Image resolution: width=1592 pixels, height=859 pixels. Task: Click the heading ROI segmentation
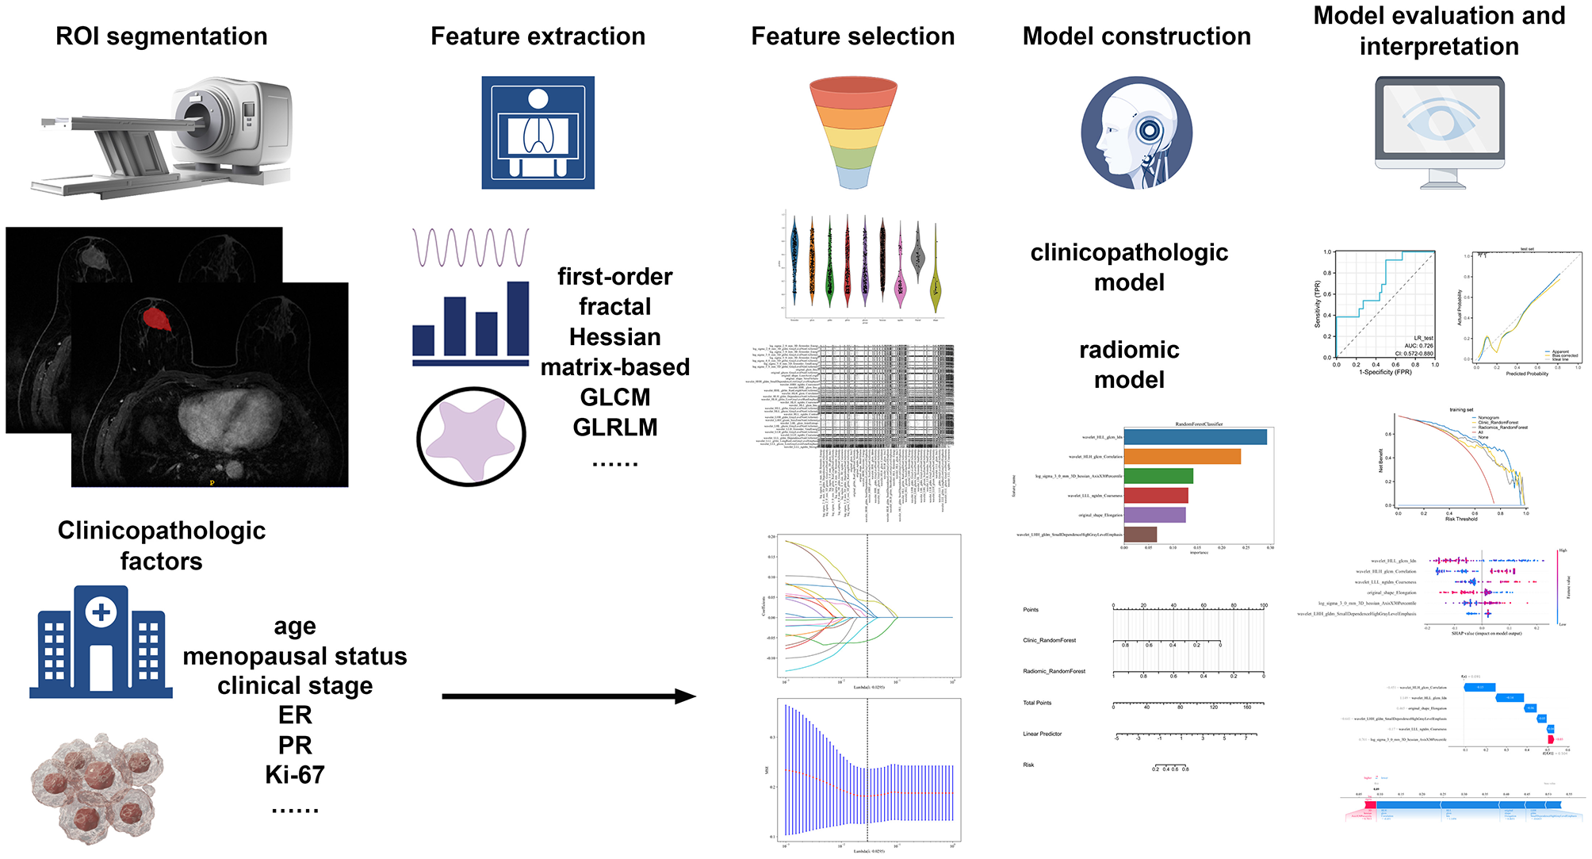(161, 36)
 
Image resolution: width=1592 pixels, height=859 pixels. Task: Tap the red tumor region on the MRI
(156, 318)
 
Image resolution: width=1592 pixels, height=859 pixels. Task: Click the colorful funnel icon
(853, 131)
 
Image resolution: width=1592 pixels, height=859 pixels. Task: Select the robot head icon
(1136, 132)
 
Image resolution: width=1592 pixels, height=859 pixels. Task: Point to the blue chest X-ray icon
(538, 132)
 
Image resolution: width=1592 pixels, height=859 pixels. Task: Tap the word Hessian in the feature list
(614, 337)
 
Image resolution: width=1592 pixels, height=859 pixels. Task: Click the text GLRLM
(614, 428)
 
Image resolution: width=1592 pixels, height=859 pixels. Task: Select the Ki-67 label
(295, 775)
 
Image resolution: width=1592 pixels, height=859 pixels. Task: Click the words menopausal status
(295, 657)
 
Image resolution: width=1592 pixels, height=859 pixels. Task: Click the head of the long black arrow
(686, 696)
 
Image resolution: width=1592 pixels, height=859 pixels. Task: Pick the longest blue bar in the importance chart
(1195, 437)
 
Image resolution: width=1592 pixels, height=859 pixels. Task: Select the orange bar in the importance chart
(1181, 457)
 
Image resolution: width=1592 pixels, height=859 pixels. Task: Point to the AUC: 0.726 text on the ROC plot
(1418, 346)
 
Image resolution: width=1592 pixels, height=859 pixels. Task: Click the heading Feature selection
(852, 36)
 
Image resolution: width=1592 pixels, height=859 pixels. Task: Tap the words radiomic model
(1129, 365)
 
